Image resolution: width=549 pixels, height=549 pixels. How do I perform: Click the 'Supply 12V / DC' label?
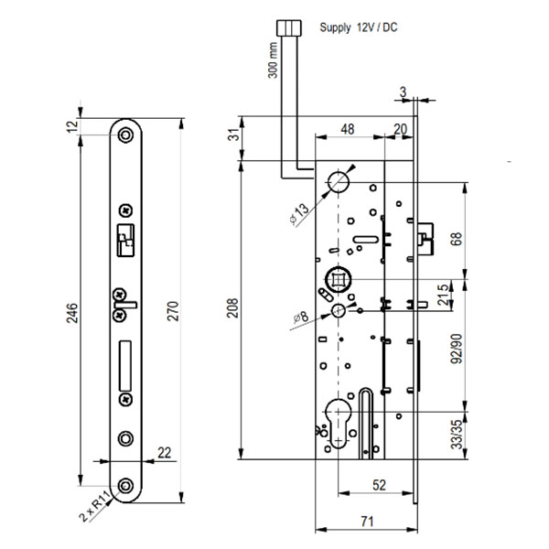pyautogui.click(x=358, y=28)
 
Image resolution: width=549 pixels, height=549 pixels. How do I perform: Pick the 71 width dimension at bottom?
pyautogui.click(x=366, y=522)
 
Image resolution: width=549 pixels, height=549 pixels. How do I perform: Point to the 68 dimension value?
pyautogui.click(x=457, y=241)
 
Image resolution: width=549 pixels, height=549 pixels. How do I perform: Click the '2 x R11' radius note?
pyautogui.click(x=95, y=506)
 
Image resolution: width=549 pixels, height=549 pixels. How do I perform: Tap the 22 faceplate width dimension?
pyautogui.click(x=164, y=453)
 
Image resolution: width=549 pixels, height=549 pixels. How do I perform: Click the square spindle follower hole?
pyautogui.click(x=338, y=275)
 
